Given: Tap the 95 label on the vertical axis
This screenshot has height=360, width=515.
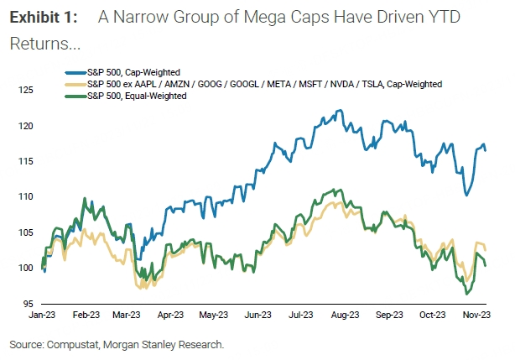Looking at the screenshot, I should (x=28, y=304).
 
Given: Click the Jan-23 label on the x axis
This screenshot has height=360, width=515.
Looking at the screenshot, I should (x=44, y=315).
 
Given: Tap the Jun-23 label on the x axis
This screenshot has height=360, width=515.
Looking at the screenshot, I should (x=253, y=315).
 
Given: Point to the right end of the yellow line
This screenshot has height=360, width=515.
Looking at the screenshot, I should (x=486, y=250).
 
